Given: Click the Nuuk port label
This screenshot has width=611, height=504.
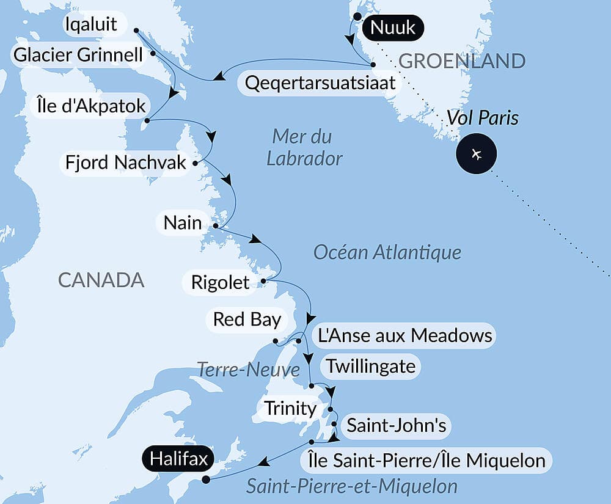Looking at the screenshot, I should (x=393, y=27).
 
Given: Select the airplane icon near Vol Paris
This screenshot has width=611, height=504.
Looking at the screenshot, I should (x=477, y=153).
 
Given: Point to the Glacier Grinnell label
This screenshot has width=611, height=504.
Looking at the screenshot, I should (x=78, y=56).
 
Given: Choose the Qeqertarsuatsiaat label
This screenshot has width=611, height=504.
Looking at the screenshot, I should (x=320, y=83).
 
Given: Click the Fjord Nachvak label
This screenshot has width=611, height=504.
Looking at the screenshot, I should (x=126, y=163).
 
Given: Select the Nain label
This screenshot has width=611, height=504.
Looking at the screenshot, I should (x=183, y=222).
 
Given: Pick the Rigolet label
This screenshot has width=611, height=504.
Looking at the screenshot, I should (x=220, y=282).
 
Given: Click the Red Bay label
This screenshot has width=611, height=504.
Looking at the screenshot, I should (x=246, y=319).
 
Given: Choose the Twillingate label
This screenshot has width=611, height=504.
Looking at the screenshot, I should (x=371, y=367).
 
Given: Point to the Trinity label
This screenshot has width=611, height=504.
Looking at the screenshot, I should (x=290, y=408).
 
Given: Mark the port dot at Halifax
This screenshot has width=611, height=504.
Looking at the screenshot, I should (x=206, y=480).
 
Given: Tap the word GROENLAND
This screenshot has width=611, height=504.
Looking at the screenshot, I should (x=461, y=61).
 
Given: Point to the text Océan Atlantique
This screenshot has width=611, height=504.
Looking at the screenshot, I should (x=387, y=252).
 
